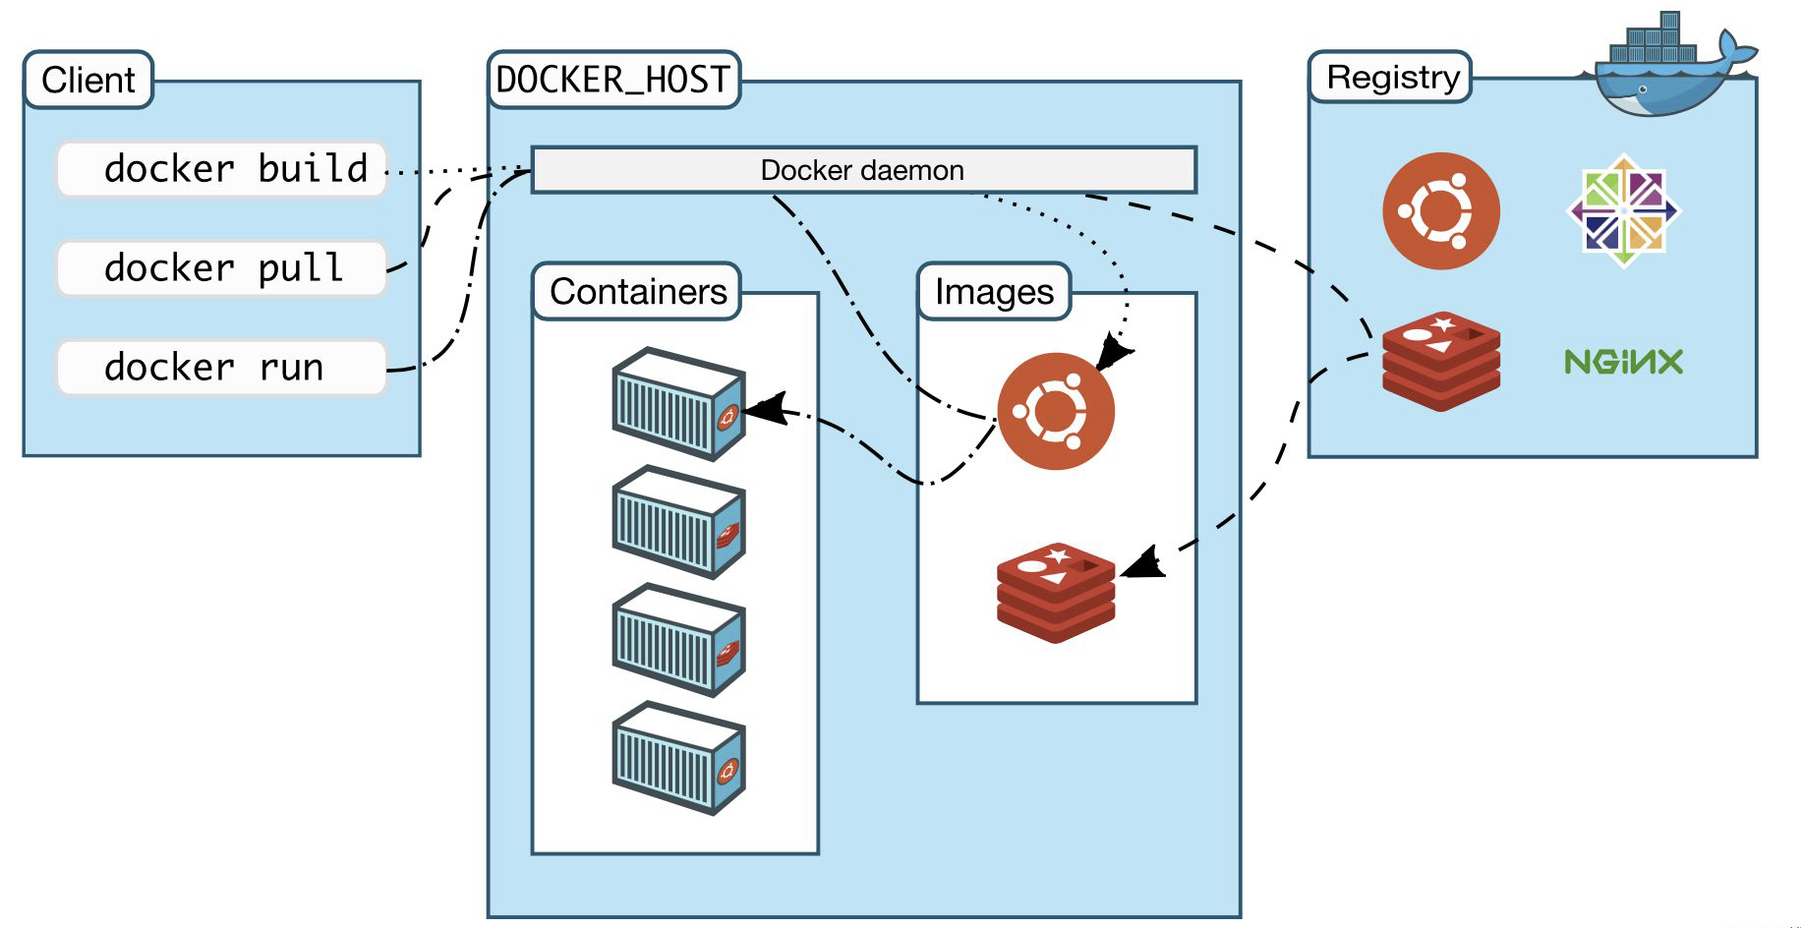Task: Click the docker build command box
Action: click(221, 170)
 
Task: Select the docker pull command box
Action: click(221, 268)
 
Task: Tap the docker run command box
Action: click(221, 368)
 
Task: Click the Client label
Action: click(88, 80)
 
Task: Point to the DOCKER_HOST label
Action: click(613, 80)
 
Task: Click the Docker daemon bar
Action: click(863, 170)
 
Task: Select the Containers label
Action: click(637, 291)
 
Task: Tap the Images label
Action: click(994, 291)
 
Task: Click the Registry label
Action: click(1391, 77)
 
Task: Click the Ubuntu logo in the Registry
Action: click(1440, 210)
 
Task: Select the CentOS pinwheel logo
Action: click(1623, 210)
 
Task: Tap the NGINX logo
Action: click(1623, 362)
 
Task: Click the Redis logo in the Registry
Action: click(1440, 362)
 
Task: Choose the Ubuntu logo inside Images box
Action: click(1055, 411)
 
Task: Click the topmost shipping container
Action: click(678, 404)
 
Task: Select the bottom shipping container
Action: click(678, 758)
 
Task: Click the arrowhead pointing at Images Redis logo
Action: click(1143, 564)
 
